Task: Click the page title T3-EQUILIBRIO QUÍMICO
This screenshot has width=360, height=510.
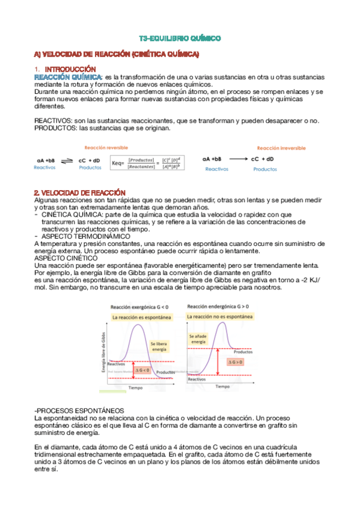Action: click(180, 38)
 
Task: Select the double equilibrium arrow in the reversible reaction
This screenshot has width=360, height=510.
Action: click(67, 161)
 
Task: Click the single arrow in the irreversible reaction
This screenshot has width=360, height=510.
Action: click(232, 159)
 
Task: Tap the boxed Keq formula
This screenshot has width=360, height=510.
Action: click(147, 162)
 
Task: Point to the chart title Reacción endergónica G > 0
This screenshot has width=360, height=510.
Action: click(219, 307)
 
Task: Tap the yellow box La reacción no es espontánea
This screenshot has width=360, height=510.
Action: click(219, 315)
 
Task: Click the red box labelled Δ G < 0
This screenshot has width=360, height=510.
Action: click(142, 370)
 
